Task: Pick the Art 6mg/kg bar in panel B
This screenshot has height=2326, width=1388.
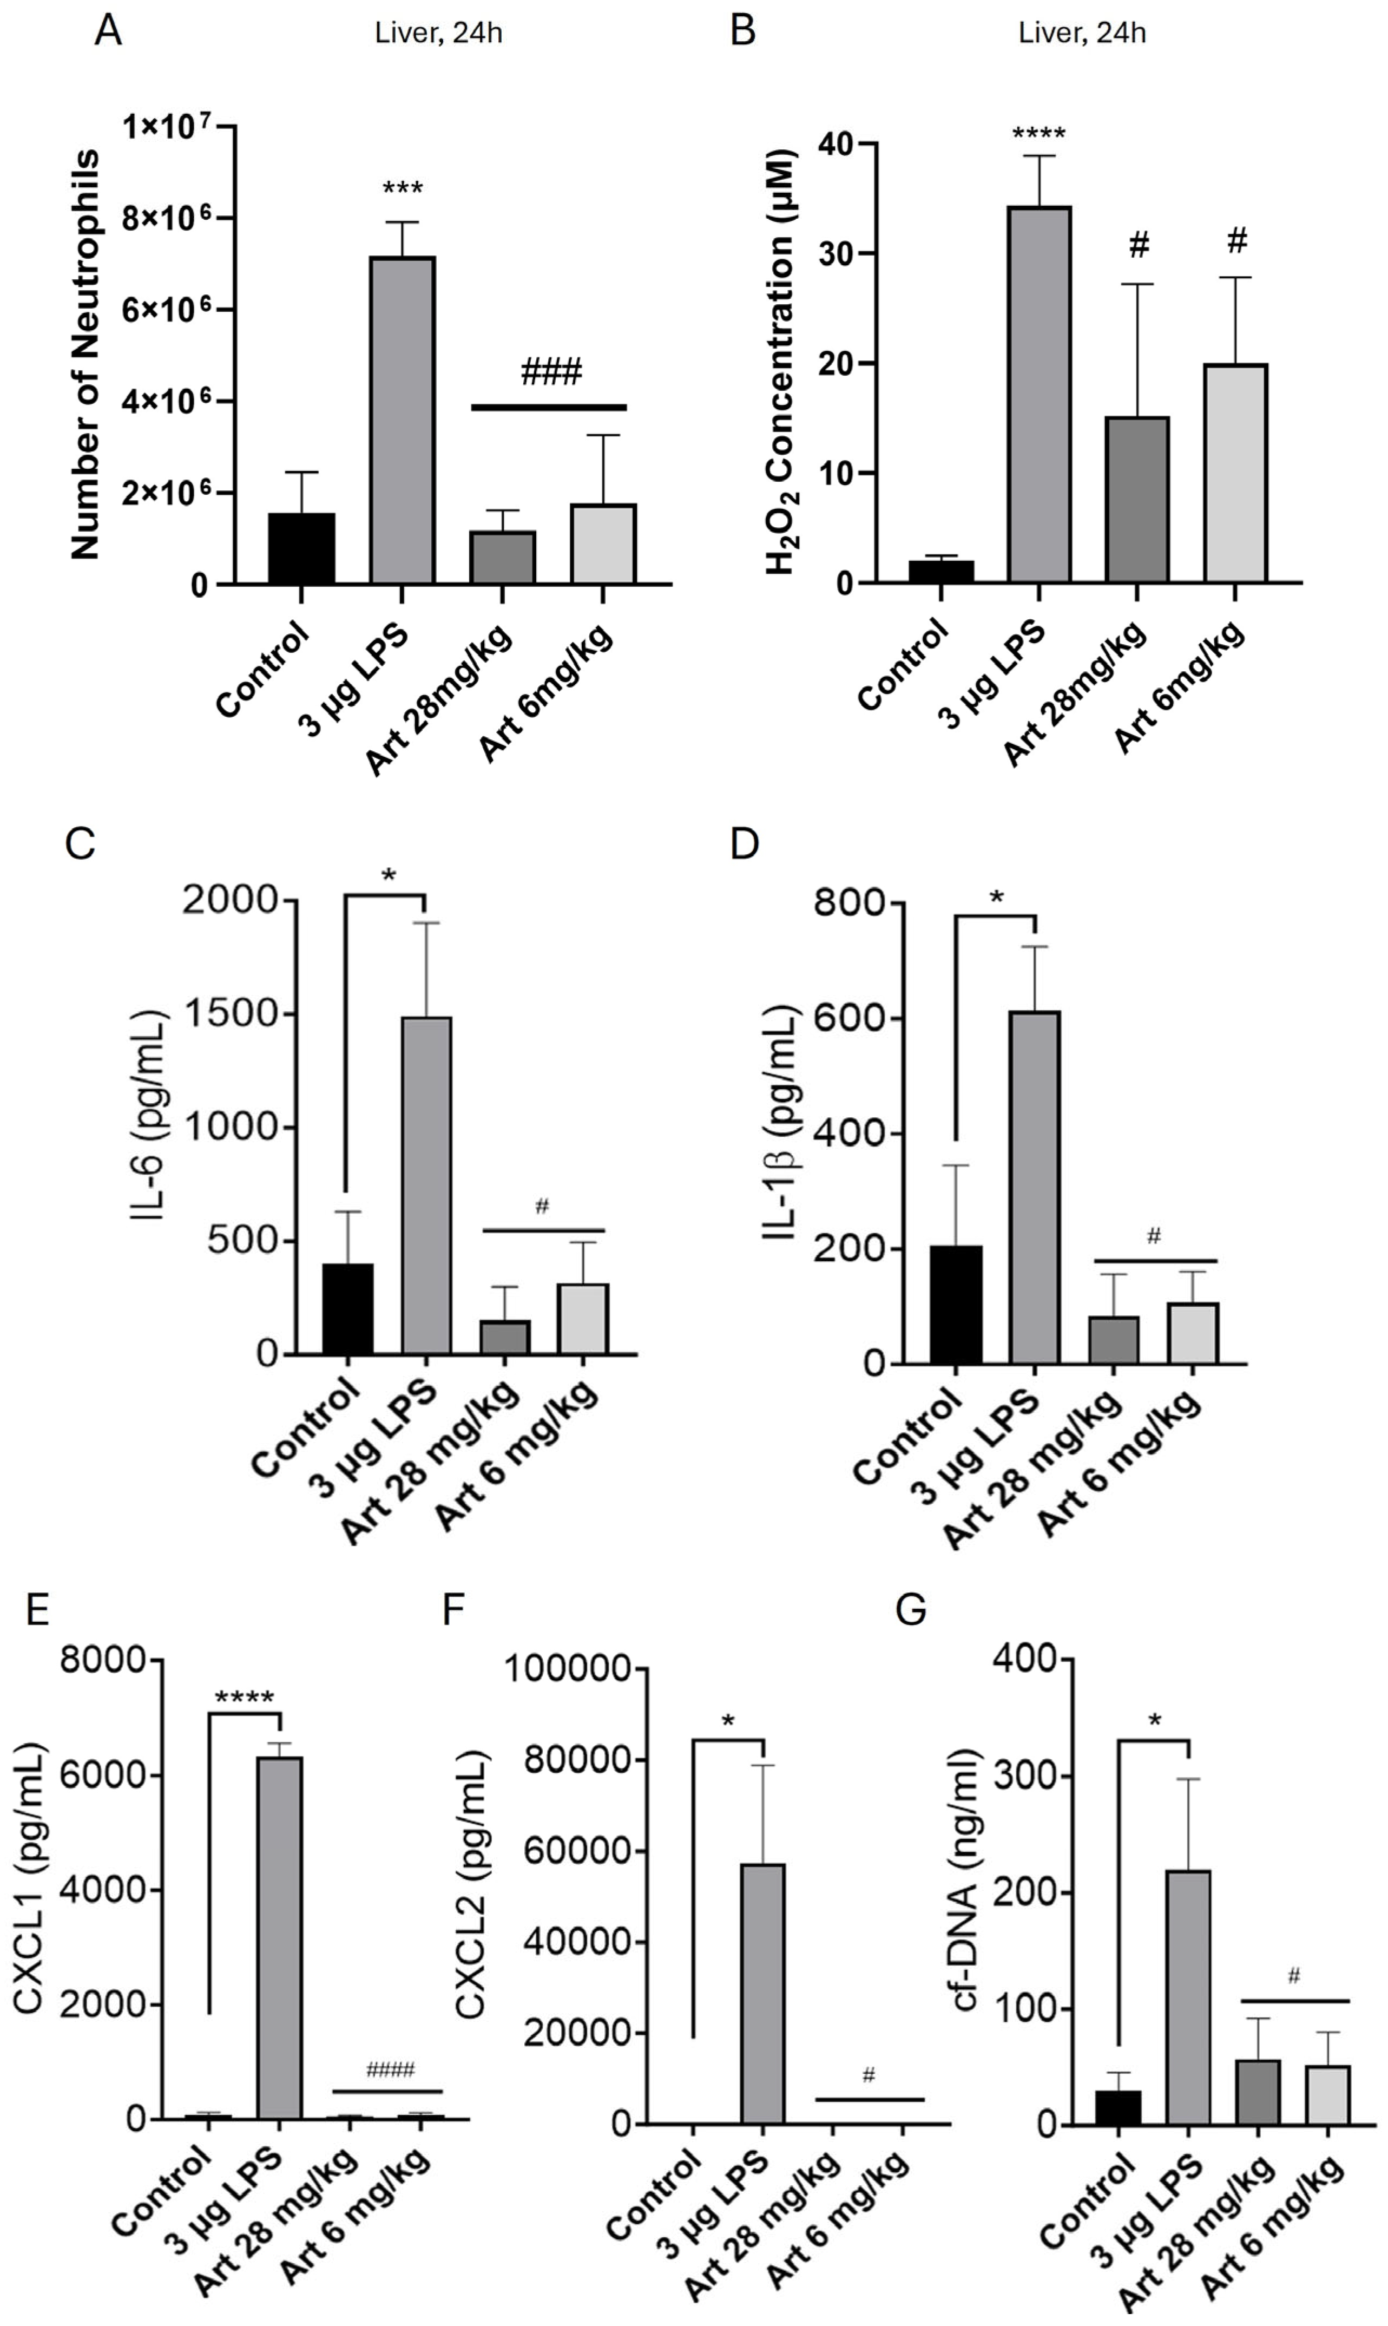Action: pyautogui.click(x=1235, y=474)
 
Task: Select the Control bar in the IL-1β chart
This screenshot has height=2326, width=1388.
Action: pyautogui.click(x=956, y=1305)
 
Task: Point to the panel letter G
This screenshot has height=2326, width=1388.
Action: pyautogui.click(x=910, y=1611)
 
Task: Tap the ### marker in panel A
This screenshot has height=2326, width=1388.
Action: pyautogui.click(x=551, y=372)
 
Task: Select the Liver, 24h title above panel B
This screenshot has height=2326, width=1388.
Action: pyautogui.click(x=1082, y=34)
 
